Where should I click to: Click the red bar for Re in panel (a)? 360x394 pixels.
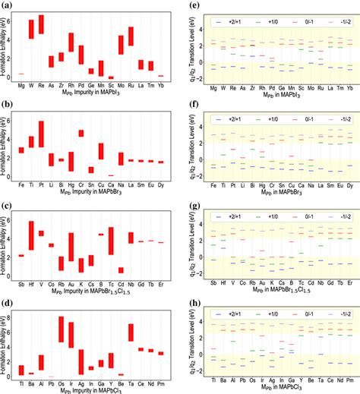(41, 26)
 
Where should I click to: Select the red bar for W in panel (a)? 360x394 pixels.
(31, 29)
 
